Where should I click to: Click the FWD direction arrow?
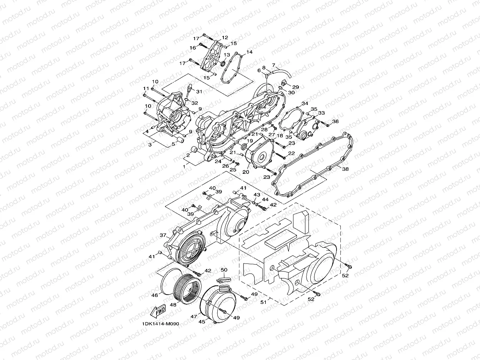click(158, 310)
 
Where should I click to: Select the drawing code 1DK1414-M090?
click(160, 324)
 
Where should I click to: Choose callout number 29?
click(296, 87)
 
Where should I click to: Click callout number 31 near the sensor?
click(199, 91)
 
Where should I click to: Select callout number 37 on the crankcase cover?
click(163, 235)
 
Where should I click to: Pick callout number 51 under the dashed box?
click(263, 302)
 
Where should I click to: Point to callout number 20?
click(246, 172)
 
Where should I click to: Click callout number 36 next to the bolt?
click(335, 122)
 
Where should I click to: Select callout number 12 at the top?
click(225, 38)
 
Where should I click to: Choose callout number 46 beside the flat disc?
click(154, 295)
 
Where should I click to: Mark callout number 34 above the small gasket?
click(305, 104)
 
